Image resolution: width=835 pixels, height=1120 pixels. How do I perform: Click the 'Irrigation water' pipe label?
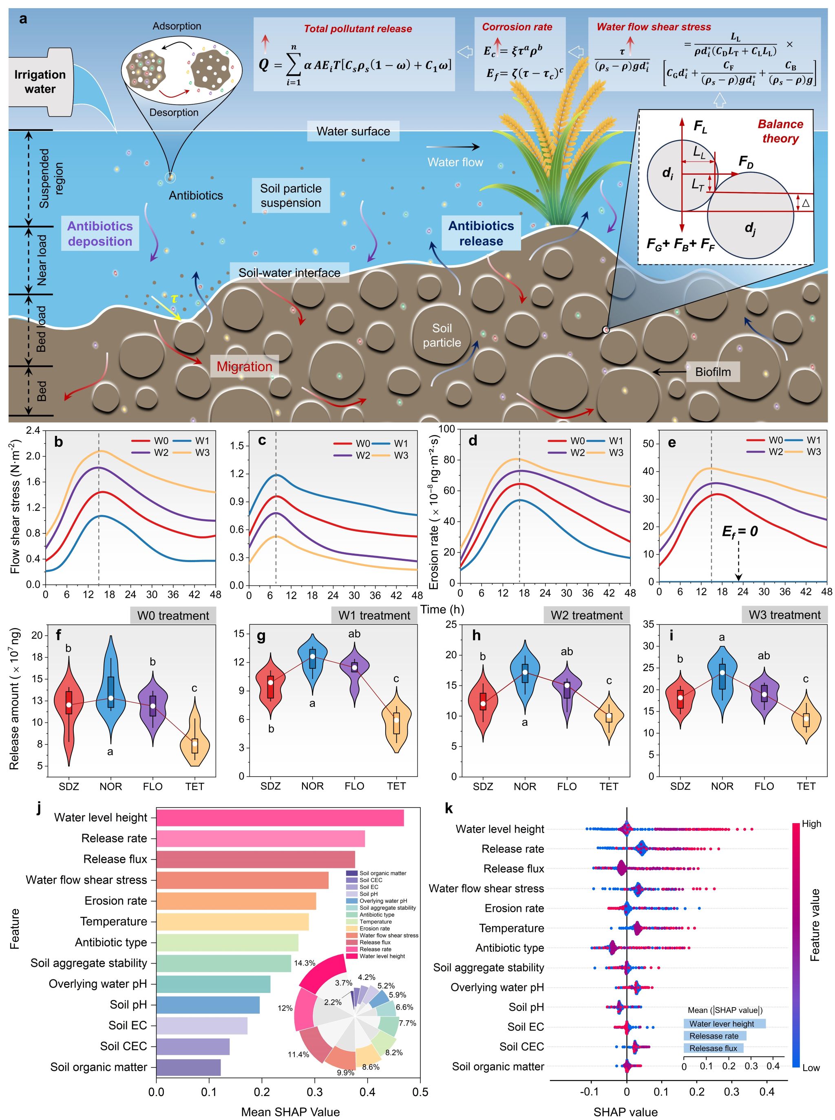tap(40, 82)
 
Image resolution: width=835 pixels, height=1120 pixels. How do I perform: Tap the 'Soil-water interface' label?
tap(289, 273)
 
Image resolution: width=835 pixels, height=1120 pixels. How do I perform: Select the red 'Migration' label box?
tap(244, 367)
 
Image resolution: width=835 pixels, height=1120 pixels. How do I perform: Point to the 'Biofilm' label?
tap(713, 372)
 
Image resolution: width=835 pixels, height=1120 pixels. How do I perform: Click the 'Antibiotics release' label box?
tap(481, 233)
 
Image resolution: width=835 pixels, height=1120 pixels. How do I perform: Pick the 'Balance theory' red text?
tap(780, 131)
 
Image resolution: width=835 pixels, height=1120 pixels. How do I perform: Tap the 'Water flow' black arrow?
tap(453, 147)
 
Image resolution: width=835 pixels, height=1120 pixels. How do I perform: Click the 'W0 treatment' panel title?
tap(173, 615)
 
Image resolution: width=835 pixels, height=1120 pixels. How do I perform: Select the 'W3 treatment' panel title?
tap(784, 615)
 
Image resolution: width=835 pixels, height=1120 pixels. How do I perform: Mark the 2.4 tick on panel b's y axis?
tap(33, 431)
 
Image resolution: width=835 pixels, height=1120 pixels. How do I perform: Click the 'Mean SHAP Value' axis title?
tap(290, 1111)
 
